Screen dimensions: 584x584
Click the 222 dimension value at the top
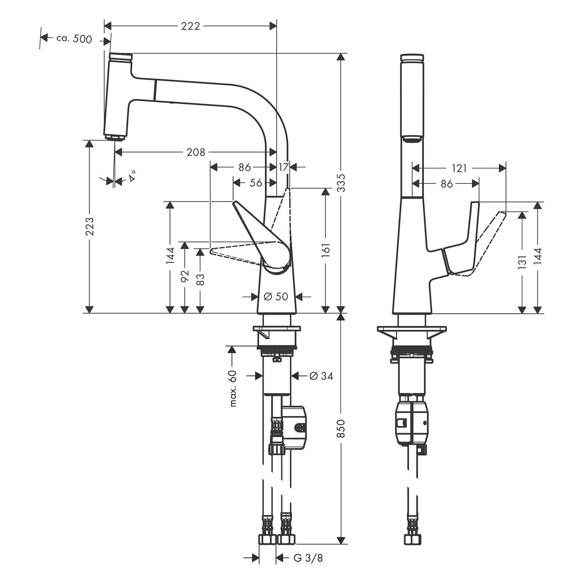coord(191,26)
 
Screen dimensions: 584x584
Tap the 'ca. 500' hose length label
coord(74,39)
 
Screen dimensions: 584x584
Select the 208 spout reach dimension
coord(196,152)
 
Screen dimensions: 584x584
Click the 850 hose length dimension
coord(341,428)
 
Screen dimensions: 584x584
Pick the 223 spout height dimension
coord(90,226)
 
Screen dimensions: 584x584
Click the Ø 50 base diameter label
coord(276,297)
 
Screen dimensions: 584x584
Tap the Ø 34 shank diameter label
coord(321,376)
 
